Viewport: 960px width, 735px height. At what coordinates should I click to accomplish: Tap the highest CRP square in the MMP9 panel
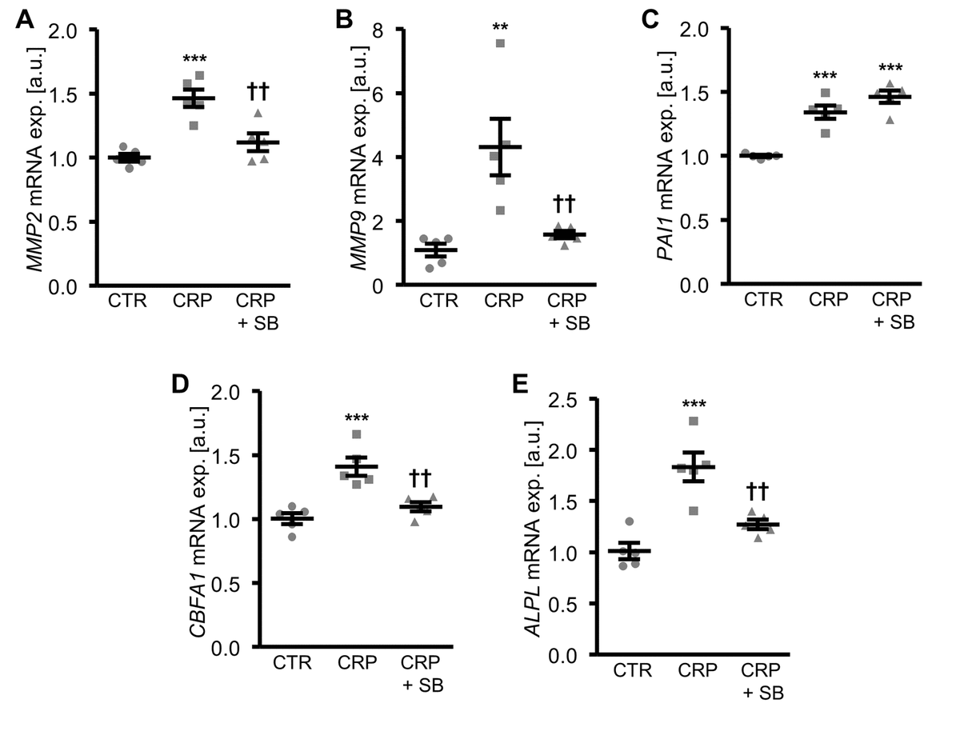[500, 43]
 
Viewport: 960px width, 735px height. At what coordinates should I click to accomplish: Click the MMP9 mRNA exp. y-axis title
[358, 157]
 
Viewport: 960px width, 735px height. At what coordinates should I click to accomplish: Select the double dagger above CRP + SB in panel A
[257, 90]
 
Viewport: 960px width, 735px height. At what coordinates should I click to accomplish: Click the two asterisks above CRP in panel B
[500, 26]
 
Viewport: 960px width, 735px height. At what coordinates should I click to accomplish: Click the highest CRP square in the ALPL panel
[693, 421]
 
